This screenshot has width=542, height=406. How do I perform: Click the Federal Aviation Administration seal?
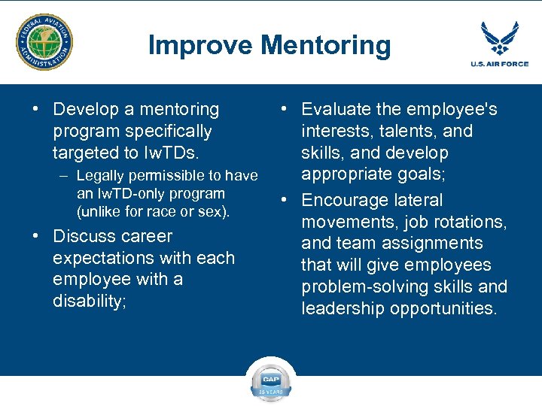click(x=44, y=42)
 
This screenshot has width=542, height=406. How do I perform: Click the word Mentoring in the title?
click(x=326, y=45)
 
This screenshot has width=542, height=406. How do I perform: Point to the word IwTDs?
click(x=173, y=153)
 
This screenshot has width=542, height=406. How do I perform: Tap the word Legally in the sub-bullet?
click(x=102, y=176)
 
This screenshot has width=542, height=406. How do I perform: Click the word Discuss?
click(x=82, y=236)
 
